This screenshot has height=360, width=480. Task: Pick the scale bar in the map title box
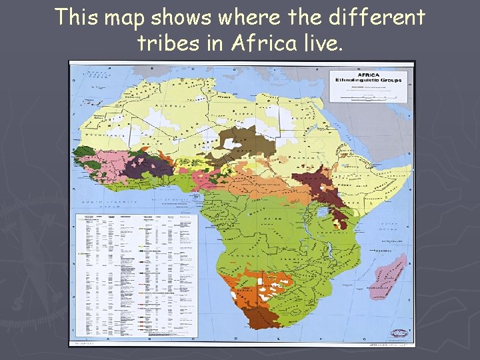pos(372,96)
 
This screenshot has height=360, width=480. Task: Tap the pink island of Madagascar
pos(385,274)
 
